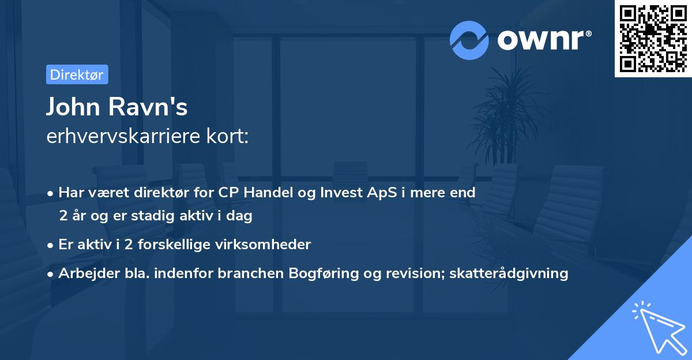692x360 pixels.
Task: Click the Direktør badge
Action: (77, 74)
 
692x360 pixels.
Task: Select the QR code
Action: (653, 38)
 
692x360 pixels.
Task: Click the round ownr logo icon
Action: (469, 40)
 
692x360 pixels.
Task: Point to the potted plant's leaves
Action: (507, 104)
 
